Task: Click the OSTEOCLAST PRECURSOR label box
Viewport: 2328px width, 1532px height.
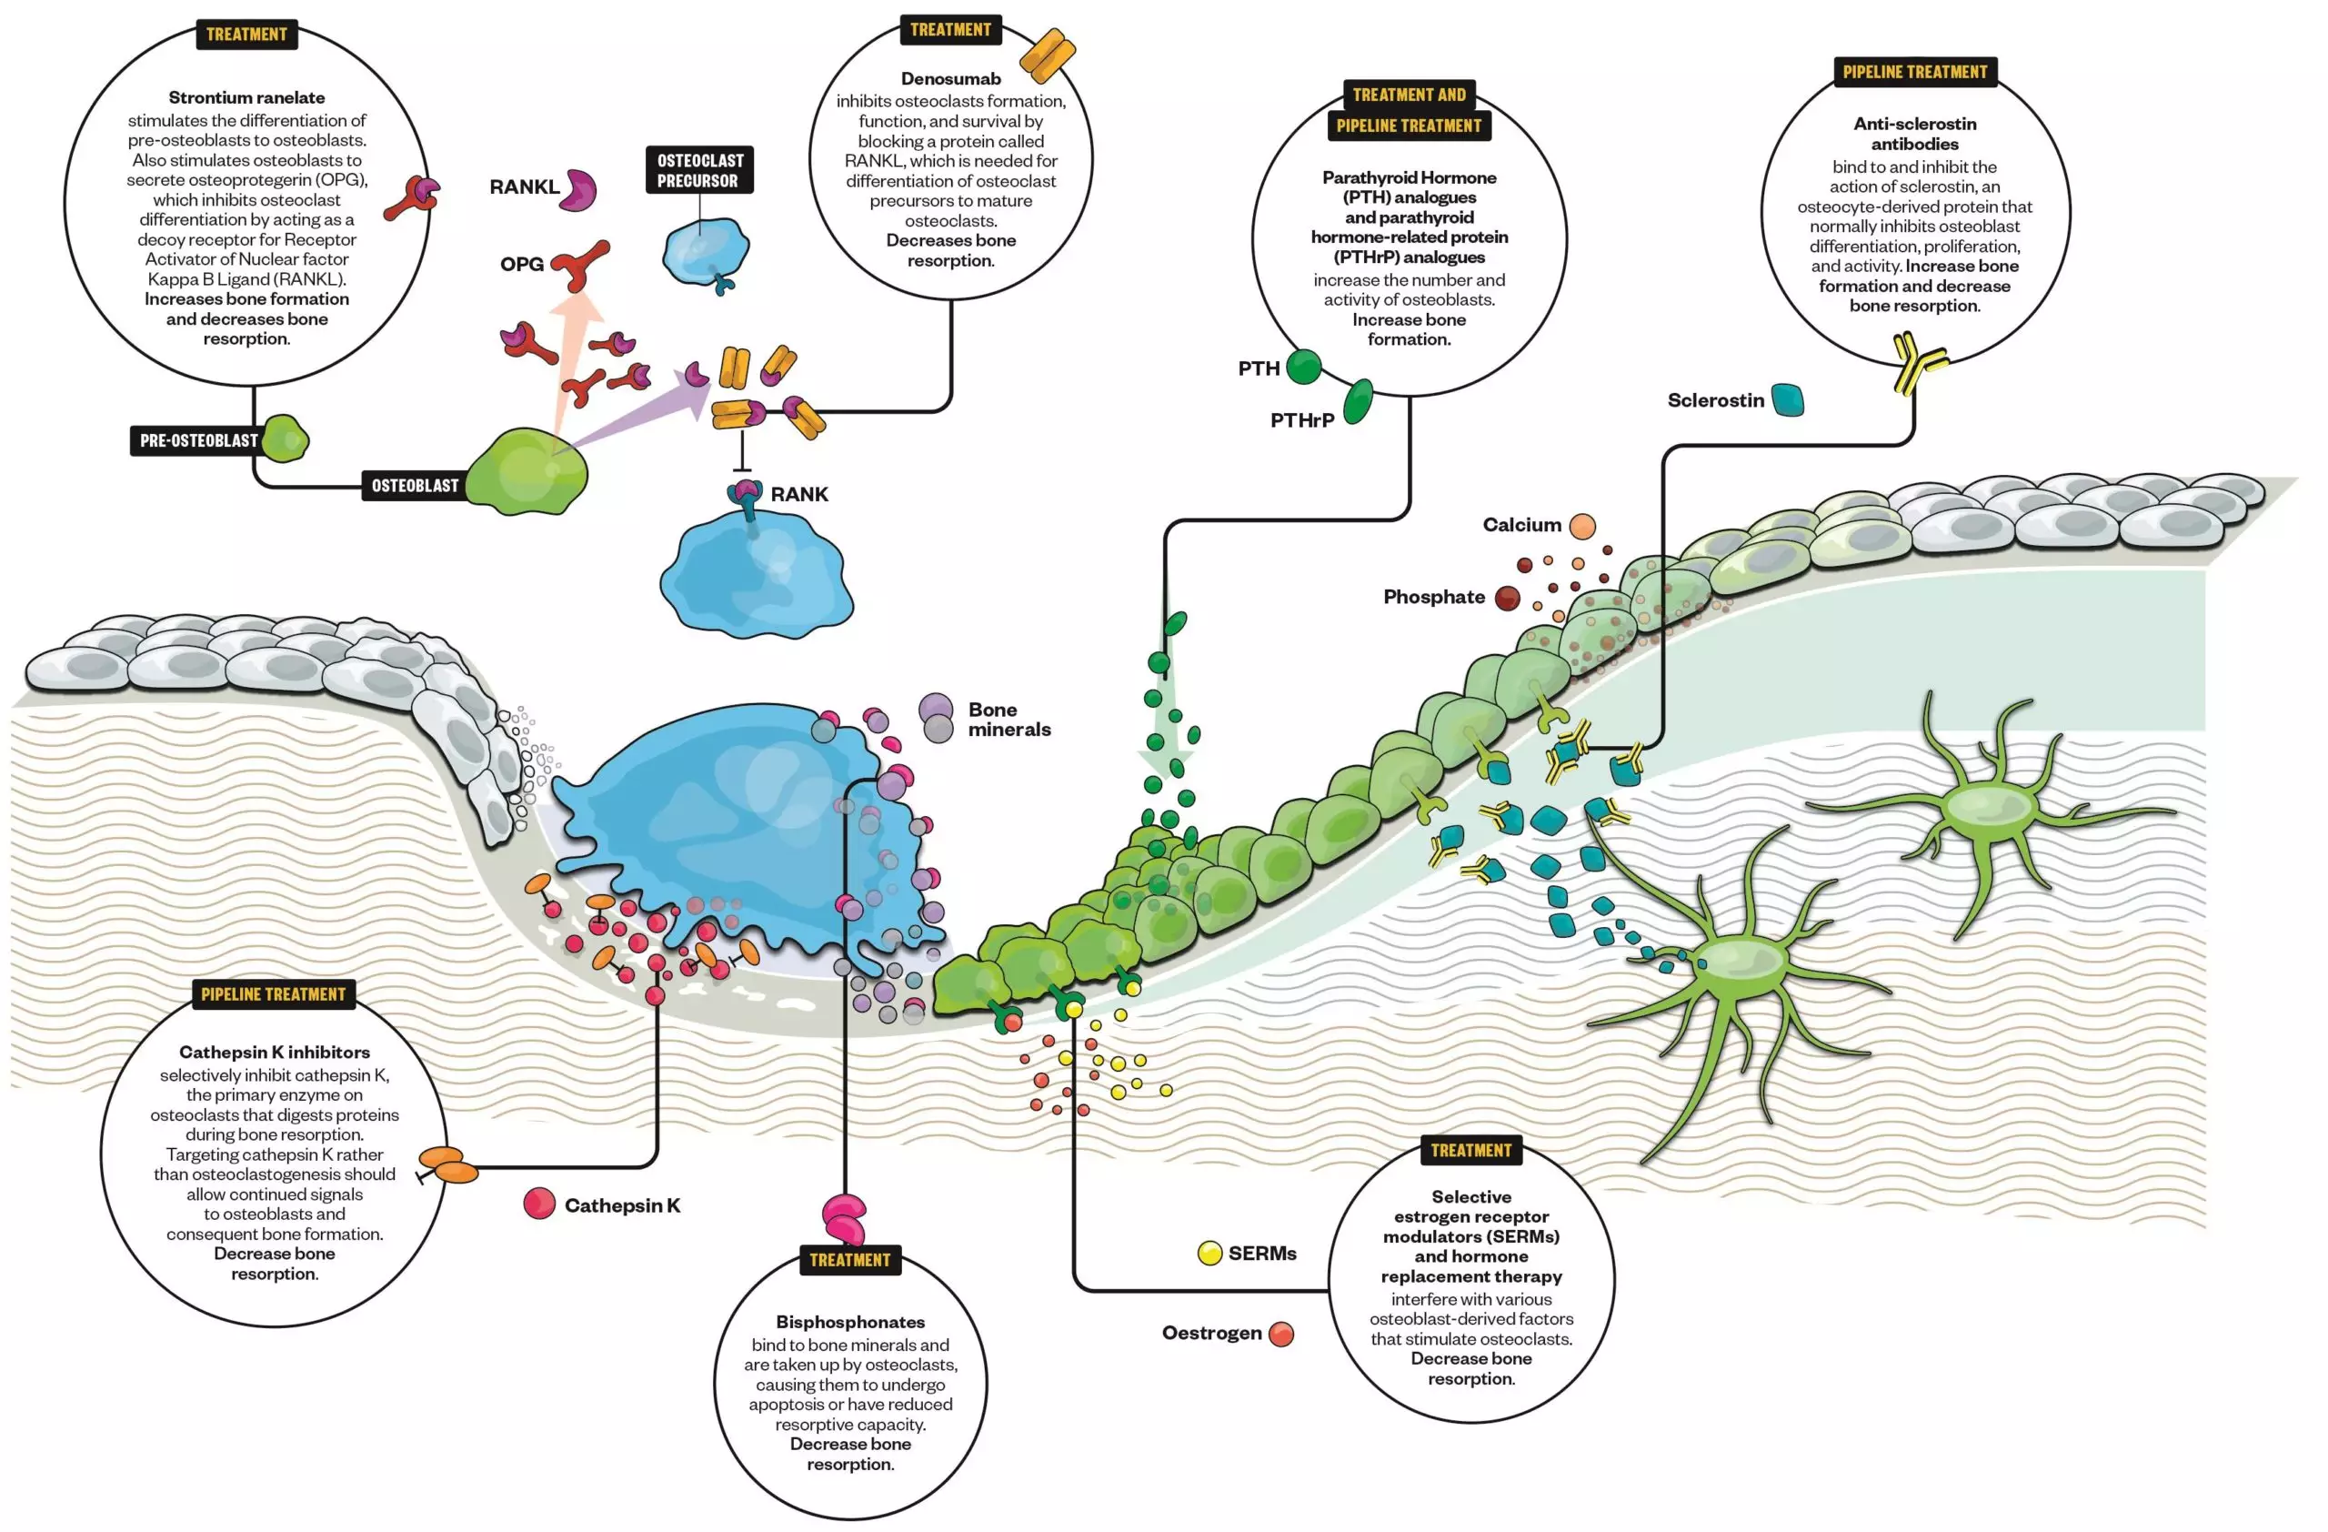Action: tap(699, 170)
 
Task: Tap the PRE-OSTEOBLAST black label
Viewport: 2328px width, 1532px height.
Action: tap(198, 440)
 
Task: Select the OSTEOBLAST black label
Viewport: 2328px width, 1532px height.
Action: tap(415, 485)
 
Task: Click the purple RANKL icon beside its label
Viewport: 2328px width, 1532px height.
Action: tap(579, 189)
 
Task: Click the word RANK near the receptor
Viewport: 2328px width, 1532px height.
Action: tap(799, 494)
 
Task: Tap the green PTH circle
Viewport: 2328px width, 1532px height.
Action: tap(1303, 367)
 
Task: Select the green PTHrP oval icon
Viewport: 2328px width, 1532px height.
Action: tap(1358, 402)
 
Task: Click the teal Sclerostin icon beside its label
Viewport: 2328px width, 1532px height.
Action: tap(1787, 399)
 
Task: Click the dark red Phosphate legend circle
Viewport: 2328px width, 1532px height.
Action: tap(1508, 598)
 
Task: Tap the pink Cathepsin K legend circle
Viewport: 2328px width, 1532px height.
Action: tap(539, 1204)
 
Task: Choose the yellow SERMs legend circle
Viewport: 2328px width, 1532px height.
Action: tap(1210, 1254)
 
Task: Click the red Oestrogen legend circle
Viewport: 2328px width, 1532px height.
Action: tap(1280, 1334)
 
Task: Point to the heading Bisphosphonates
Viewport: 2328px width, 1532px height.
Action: tap(850, 1322)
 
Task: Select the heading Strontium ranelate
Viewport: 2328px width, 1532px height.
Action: tap(246, 98)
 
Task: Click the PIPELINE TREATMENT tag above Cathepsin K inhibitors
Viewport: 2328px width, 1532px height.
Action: tap(273, 994)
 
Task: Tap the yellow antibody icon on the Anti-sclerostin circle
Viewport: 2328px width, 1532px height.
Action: tap(1917, 362)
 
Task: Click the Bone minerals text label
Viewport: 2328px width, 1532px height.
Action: tap(1008, 719)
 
